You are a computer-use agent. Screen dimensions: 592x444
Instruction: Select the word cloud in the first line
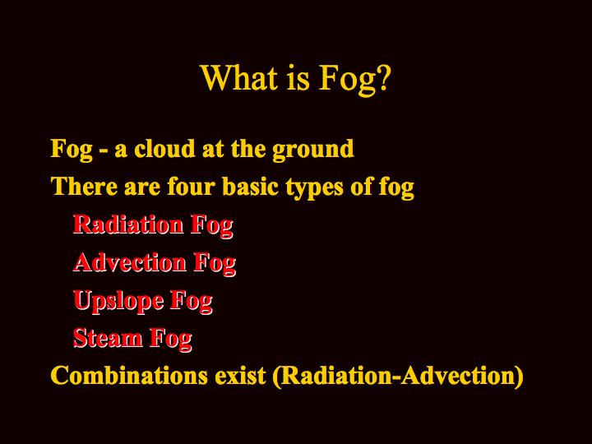pos(164,148)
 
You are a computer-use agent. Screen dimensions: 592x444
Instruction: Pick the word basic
pos(250,186)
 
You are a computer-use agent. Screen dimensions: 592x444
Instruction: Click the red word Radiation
pos(128,224)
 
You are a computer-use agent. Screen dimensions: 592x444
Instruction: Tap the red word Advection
pos(130,262)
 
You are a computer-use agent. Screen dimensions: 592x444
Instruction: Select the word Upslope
pos(118,301)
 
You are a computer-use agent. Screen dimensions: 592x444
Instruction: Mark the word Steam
pos(108,338)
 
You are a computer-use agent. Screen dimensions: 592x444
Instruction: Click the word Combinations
pos(129,375)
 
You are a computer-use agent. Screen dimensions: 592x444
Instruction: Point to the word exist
pos(240,375)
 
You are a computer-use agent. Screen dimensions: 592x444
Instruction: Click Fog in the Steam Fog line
pos(171,339)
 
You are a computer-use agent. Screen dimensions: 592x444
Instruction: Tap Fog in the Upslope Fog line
pos(192,301)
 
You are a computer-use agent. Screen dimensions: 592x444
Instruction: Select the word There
pos(84,186)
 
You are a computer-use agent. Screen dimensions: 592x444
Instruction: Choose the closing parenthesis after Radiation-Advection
pos(519,377)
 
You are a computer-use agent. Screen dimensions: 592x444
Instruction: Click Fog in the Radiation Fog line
pos(212,226)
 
